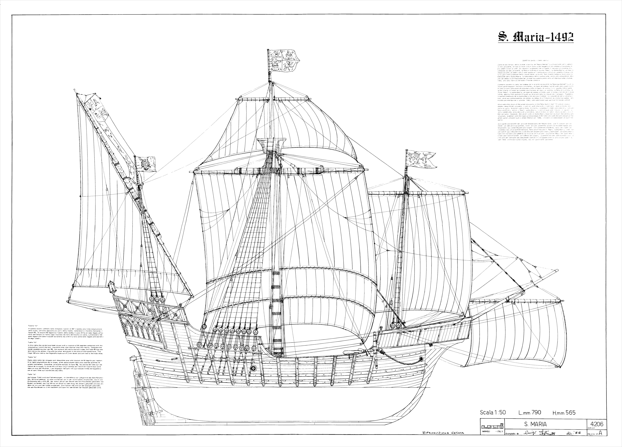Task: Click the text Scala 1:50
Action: point(493,412)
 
